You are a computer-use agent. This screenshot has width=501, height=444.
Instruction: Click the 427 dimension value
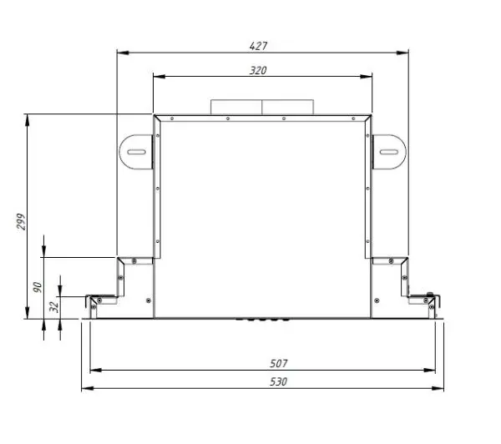(258, 46)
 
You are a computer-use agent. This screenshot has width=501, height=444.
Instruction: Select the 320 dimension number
(258, 70)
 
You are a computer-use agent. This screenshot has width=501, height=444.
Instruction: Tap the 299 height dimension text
(21, 221)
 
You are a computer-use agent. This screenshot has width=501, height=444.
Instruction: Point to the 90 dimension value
(38, 287)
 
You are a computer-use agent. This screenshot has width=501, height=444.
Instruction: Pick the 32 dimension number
(54, 307)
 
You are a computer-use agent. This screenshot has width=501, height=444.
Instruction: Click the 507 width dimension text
(279, 363)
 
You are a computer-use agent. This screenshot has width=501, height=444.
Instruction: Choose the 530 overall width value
(279, 381)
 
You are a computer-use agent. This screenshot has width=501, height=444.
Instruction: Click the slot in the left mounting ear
(137, 152)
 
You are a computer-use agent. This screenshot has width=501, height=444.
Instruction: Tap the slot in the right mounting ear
(389, 152)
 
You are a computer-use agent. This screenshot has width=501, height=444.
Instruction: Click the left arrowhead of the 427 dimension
(123, 53)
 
